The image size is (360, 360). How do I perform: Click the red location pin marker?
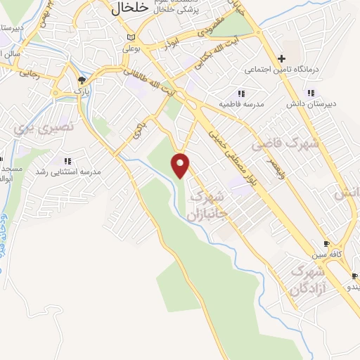(x=181, y=165)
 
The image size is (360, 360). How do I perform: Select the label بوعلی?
(x=132, y=49)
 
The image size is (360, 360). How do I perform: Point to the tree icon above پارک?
(x=82, y=81)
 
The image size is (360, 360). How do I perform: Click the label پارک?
(x=83, y=91)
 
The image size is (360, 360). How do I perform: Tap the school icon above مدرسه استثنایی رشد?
(x=67, y=161)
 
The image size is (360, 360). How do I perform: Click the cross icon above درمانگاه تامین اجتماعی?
(x=281, y=59)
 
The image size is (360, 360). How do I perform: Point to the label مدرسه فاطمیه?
(x=241, y=103)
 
